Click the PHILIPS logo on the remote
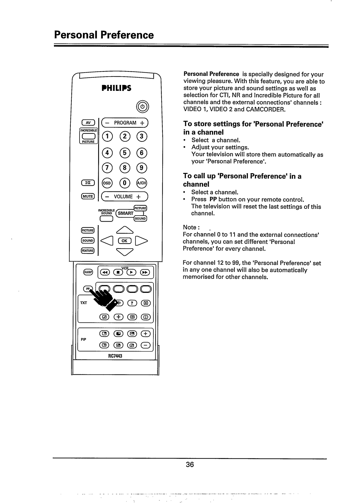tap(116, 88)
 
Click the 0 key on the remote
tap(125, 183)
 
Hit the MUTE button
tap(87, 196)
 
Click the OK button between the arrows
tap(125, 241)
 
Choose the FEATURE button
tap(87, 251)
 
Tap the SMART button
tap(126, 213)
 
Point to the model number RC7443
tap(116, 356)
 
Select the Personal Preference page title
tap(104, 35)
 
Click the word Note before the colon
tap(190, 227)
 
